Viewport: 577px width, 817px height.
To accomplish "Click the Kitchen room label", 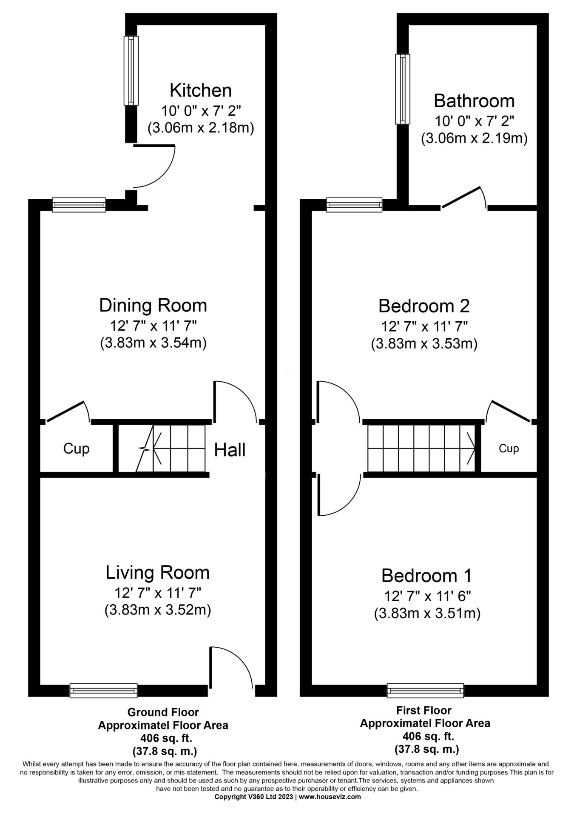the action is (200, 91).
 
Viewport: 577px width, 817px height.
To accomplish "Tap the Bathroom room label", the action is (474, 101).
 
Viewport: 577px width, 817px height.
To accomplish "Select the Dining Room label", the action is (153, 306).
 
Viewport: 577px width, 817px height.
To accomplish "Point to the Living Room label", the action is (158, 573).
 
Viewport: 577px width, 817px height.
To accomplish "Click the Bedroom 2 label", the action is (424, 306).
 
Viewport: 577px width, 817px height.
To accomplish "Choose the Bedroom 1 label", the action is (426, 576).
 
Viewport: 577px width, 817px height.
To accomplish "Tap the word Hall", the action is (230, 450).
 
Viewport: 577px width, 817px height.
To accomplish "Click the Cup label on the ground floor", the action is (76, 449).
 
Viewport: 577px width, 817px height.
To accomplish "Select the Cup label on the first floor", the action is (509, 448).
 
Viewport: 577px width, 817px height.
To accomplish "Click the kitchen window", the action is (131, 71).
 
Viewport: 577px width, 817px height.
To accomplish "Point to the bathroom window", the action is (403, 89).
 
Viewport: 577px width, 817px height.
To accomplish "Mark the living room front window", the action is (104, 690).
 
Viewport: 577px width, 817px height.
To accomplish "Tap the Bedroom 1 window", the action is (426, 690).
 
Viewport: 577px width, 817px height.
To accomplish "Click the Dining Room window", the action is (79, 205).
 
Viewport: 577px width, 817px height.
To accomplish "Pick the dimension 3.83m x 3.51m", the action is (427, 614).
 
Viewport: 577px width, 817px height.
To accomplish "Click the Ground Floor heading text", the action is (163, 712).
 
